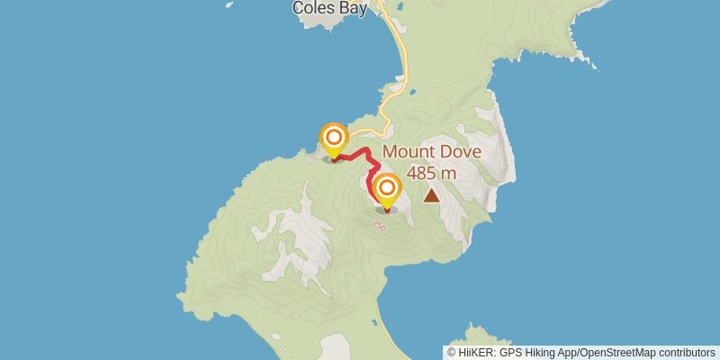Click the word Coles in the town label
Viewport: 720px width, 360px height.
coord(310,8)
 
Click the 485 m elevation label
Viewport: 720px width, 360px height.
coord(431,172)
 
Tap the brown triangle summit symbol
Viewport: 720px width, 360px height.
coord(432,194)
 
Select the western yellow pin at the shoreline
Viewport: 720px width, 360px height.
coord(334,138)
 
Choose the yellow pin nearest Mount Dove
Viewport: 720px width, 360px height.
coord(387,189)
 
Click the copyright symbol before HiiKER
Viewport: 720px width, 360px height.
coord(452,352)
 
